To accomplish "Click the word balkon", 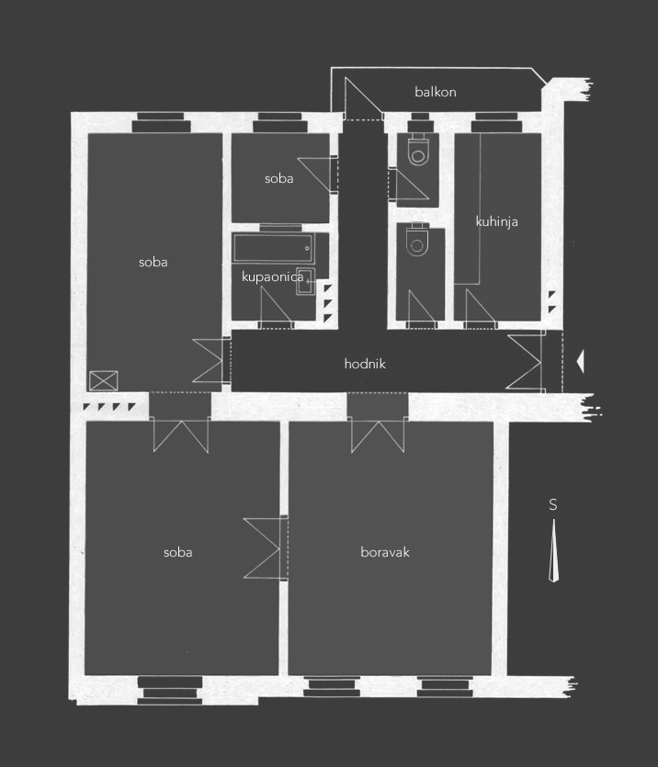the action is point(436,92).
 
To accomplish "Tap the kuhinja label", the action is point(496,221).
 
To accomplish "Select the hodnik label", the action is point(365,364).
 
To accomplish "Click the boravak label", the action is point(385,552).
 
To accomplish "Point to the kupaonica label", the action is point(273,276).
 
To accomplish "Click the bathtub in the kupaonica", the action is point(274,249).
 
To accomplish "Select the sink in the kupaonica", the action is point(306,281).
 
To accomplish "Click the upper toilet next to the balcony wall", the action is point(419,148).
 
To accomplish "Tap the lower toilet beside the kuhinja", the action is point(417,240).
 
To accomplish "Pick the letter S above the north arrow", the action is point(553,504).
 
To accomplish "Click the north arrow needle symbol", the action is point(554,550).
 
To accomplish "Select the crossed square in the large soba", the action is point(104,380).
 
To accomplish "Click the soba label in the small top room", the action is point(278,178).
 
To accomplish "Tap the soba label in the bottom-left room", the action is point(177,552).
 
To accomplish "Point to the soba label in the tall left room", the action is point(153,262).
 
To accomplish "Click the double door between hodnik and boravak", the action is point(378,435).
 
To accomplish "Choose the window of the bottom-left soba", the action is point(170,690).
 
